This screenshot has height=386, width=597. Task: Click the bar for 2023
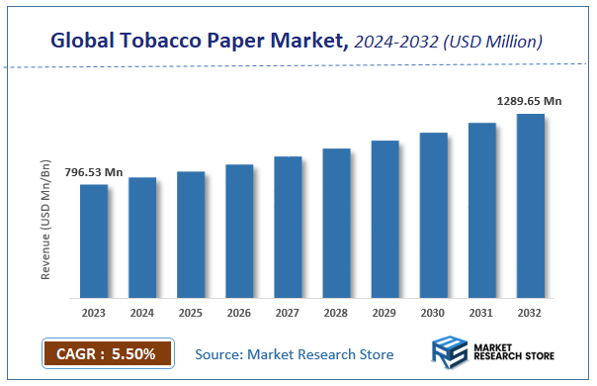tap(94, 241)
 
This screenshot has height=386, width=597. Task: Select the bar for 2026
tap(239, 231)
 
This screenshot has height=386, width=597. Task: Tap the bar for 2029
tap(384, 219)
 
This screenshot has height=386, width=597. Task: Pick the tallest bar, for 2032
tap(530, 205)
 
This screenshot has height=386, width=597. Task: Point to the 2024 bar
tap(142, 238)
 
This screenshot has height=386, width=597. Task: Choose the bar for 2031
tap(481, 210)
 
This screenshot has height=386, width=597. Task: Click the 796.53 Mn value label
tap(94, 172)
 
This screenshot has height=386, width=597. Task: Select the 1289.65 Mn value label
tap(529, 101)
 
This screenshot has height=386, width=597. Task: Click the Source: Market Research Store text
tap(294, 354)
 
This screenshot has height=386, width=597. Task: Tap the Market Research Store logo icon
tap(450, 353)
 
